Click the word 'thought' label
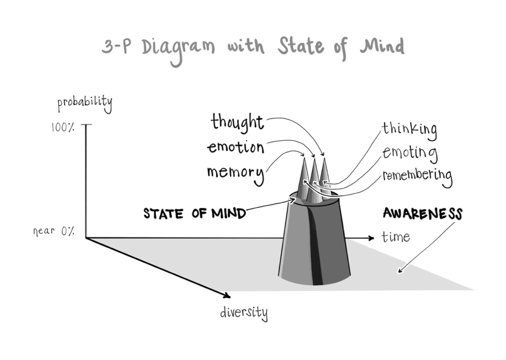(237, 122)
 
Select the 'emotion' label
(236, 148)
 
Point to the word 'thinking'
(409, 129)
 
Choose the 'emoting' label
(410, 152)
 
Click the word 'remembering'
(417, 176)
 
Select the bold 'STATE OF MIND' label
(195, 214)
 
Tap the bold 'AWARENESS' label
(422, 214)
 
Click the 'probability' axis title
(84, 104)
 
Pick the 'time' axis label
(395, 237)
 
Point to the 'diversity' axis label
(244, 313)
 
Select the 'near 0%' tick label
(53, 231)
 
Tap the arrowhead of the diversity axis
(226, 295)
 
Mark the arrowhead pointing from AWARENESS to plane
(400, 270)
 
